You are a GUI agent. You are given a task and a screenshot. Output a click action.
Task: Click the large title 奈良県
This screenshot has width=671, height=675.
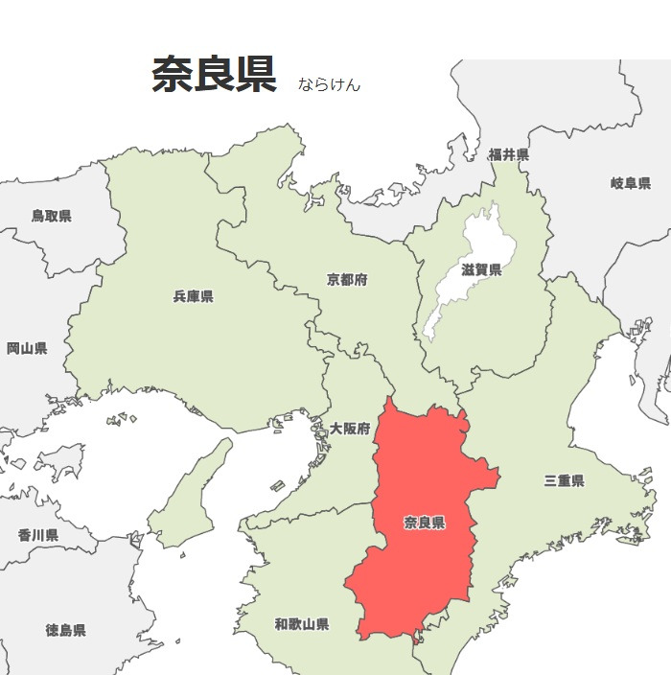point(214,75)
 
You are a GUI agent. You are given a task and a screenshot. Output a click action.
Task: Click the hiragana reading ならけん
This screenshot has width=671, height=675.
point(329,84)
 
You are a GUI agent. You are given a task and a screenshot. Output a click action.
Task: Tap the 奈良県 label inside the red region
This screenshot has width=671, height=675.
point(424,523)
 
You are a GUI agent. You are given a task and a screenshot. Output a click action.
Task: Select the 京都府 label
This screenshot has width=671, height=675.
point(347,280)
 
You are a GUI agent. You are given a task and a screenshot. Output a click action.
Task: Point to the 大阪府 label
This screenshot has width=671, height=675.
point(349,429)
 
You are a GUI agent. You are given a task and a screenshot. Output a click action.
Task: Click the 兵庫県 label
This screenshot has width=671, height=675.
point(193,296)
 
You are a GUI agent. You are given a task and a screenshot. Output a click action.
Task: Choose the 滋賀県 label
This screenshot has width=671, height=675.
point(481,270)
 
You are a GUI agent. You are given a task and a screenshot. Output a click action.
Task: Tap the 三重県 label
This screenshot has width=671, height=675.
point(564,480)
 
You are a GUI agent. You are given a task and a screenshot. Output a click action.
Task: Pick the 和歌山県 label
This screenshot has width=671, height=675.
point(302,624)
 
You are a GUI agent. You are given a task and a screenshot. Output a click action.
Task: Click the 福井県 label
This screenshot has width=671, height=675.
point(508,154)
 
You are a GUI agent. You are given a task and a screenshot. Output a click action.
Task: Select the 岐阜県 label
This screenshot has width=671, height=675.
point(630,183)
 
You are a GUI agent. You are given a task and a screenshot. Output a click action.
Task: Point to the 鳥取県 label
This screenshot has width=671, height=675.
point(51,216)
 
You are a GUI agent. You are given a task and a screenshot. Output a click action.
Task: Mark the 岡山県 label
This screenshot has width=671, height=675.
point(27,348)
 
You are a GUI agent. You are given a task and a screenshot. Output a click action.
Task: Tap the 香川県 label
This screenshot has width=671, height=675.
point(38,534)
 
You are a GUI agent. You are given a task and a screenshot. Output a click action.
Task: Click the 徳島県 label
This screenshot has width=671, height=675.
point(65,630)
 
